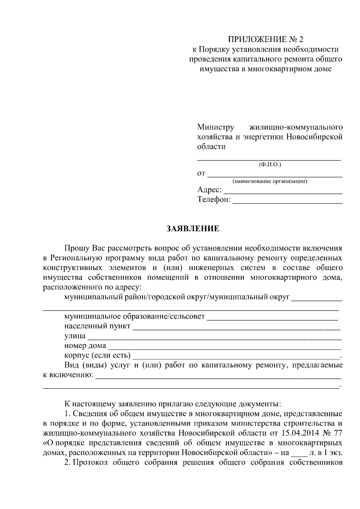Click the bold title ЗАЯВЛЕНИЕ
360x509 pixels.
[193, 229]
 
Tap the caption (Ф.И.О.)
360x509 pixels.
[269, 164]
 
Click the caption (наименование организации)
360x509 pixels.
[270, 181]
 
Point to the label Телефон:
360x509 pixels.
[214, 199]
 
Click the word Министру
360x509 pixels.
[215, 127]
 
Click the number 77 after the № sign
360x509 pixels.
[338, 433]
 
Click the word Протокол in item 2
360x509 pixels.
[91, 462]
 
